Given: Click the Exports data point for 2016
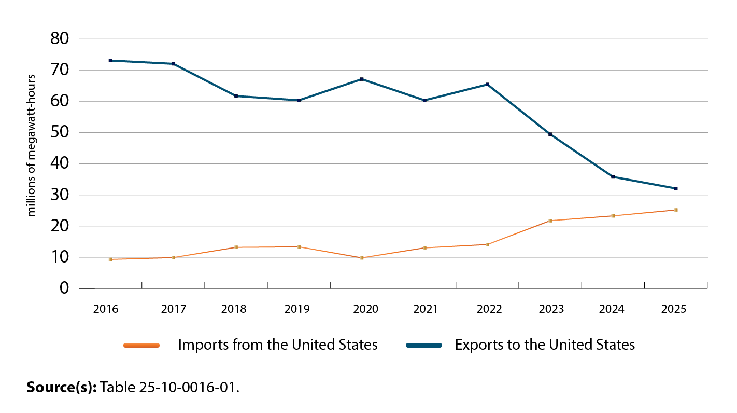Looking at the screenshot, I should click(110, 61).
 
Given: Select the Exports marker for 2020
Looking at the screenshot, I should click(362, 79).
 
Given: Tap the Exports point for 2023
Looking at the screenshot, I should click(550, 134).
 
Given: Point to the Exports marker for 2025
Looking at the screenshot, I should click(676, 188).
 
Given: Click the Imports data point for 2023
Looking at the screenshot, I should click(550, 221).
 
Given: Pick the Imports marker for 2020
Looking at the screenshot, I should click(362, 258).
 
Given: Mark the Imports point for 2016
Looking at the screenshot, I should click(110, 259).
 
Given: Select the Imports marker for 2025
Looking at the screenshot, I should click(676, 210).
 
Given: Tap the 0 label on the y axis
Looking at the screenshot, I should click(64, 288).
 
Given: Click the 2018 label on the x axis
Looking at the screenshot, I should click(234, 309).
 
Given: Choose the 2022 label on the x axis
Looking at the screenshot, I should click(489, 309).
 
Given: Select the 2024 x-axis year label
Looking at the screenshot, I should click(612, 309).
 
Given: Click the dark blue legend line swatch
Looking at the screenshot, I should click(423, 345).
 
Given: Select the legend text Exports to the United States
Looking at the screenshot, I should click(545, 345).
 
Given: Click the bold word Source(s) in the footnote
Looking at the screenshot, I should click(62, 387).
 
